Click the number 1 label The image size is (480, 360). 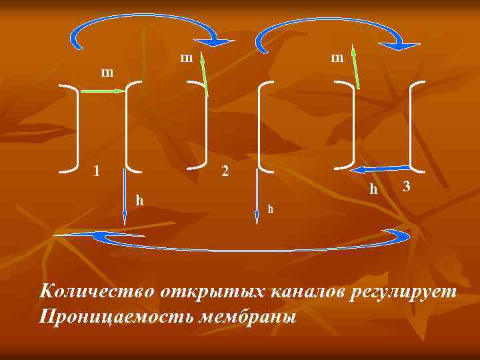pos(97,170)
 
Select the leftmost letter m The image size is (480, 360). pos(107,71)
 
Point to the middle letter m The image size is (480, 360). pos(187,58)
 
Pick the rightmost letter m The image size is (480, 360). pos(337,58)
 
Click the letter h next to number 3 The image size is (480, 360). pos(374,190)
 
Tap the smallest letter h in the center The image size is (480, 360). pos(270,209)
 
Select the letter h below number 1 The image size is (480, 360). pos(139,199)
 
